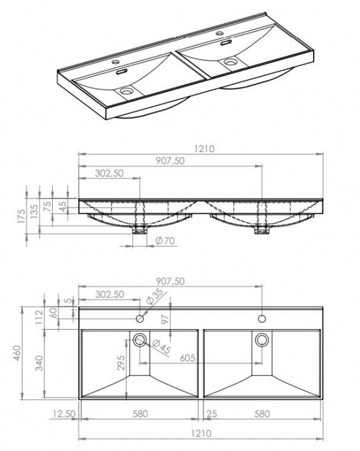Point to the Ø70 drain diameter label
coord(166,242)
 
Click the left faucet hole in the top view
coord(139,318)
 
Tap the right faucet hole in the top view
coord(262,318)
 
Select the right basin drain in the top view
coord(262,340)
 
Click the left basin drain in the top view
coord(139,340)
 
